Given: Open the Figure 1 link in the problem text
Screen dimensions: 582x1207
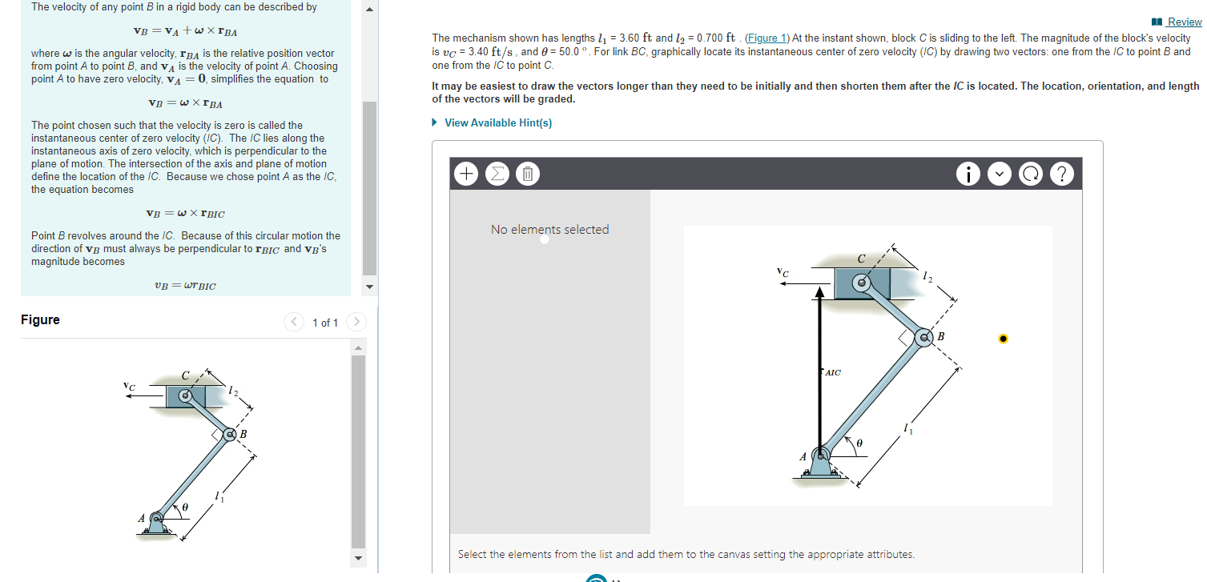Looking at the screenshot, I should coord(766,38).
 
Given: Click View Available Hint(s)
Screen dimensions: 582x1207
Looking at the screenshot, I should coord(497,122).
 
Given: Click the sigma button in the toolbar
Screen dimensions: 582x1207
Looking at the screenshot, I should coord(496,173).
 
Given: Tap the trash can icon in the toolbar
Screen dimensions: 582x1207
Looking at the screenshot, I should coord(526,173).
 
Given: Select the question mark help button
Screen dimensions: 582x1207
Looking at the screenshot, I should coord(1060,173).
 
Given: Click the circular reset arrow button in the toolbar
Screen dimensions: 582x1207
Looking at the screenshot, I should coord(1030,173).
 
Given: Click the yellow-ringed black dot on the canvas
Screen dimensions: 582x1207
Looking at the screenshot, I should coord(1003,339).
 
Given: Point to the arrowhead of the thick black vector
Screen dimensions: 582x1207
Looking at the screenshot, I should coord(819,294).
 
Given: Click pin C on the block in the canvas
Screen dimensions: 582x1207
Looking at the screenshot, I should coord(862,282).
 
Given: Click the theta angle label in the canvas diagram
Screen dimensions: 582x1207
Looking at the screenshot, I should coord(860,442).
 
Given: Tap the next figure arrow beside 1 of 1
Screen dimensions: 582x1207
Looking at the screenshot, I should coord(356,323).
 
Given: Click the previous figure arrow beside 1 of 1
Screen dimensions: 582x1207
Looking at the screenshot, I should coord(294,323).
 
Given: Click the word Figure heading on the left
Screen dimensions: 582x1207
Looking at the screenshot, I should coord(40,320).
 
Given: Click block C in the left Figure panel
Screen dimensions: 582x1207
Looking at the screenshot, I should coord(186,395).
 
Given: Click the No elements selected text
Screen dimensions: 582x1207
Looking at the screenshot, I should coord(549,230).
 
